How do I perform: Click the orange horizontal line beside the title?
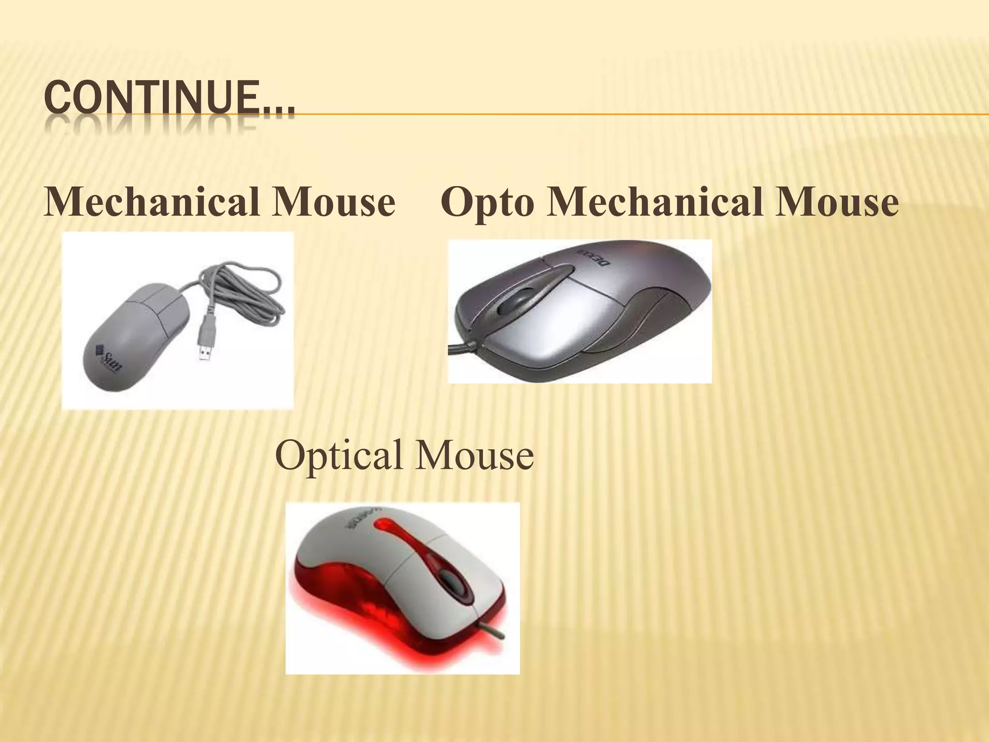tap(628, 115)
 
